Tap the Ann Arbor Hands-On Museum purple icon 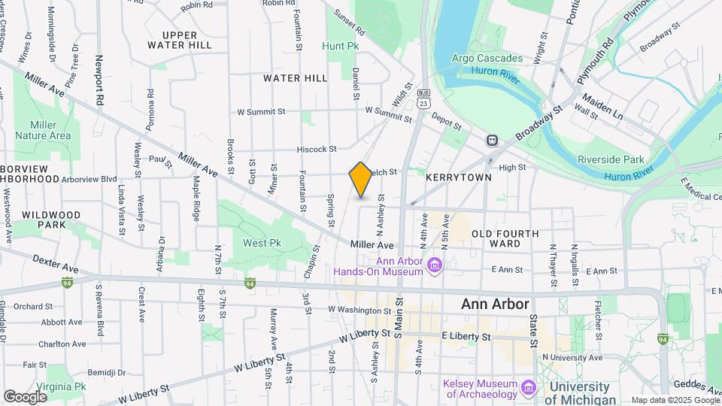tap(434, 265)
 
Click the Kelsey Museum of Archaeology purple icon tap(528, 388)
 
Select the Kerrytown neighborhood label tap(458, 177)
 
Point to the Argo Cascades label tap(487, 58)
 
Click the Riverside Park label tap(611, 159)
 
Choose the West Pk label tap(262, 243)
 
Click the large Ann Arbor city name tap(495, 304)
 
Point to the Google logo tap(25, 396)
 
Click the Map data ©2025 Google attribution tap(675, 400)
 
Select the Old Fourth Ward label tap(505, 238)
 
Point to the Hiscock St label tap(317, 150)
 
